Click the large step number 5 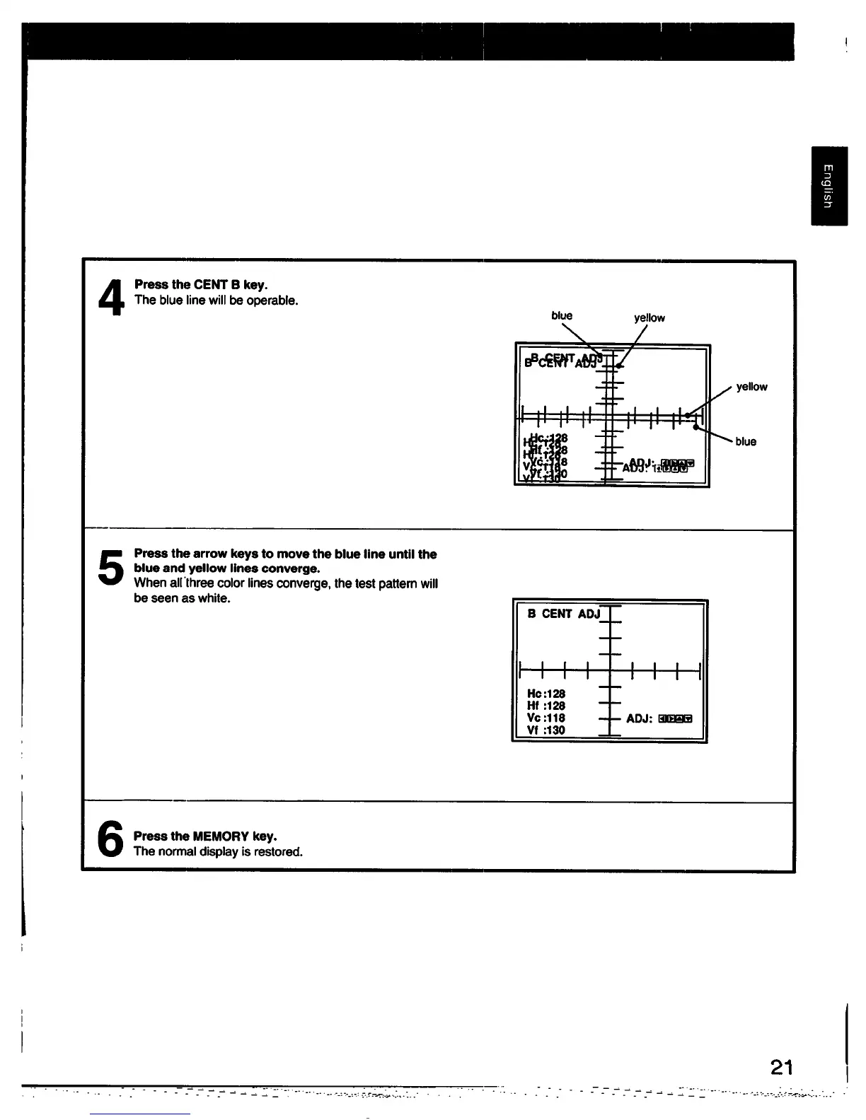tap(110, 567)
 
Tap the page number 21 tap(782, 1067)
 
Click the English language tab tap(829, 186)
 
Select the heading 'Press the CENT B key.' tap(201, 285)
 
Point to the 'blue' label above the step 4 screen tap(562, 316)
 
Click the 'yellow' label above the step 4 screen tap(649, 318)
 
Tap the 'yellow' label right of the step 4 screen tap(751, 387)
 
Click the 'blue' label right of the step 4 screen tap(746, 442)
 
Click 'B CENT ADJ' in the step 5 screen tap(563, 614)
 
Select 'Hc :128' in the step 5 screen tap(546, 694)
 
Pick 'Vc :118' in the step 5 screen tap(546, 718)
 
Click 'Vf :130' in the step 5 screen tap(546, 730)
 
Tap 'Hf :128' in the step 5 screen tap(546, 706)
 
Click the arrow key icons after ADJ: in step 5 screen tap(674, 719)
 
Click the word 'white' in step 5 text tap(215, 598)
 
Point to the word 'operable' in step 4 tap(274, 301)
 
